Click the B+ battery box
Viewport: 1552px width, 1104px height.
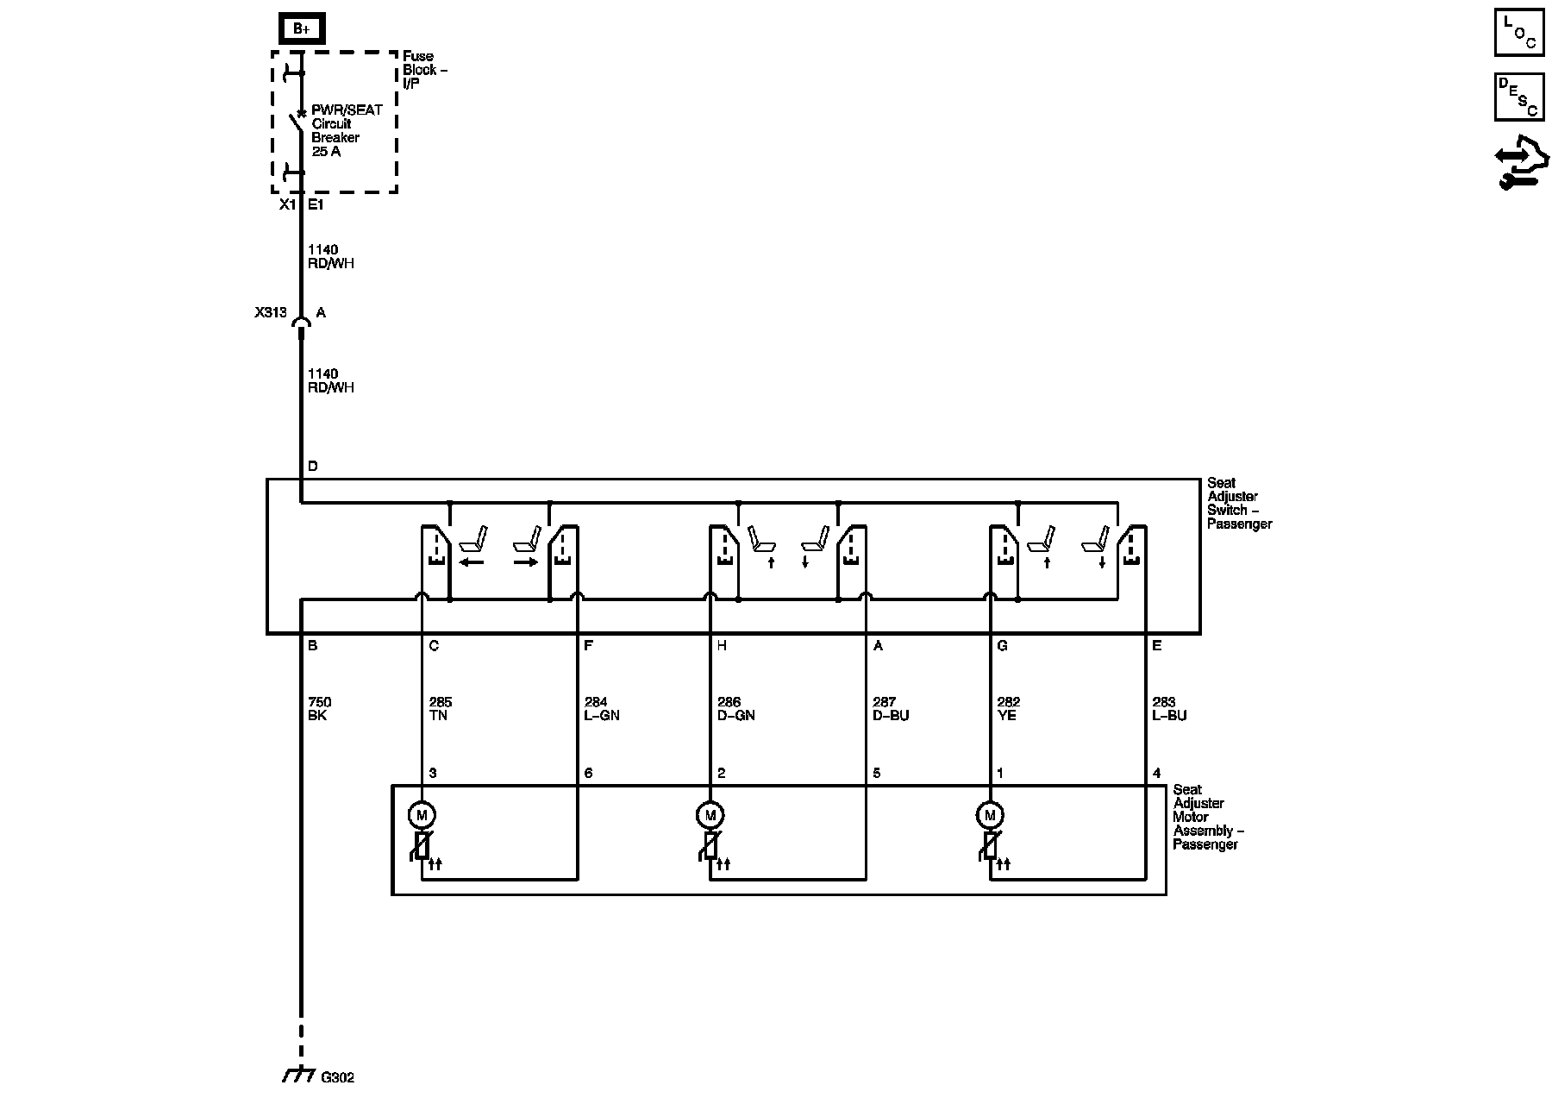coord(301,29)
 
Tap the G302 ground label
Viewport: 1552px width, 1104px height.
coord(337,1077)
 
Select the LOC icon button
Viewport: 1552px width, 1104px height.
coord(1518,34)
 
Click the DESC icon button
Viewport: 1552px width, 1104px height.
coord(1518,96)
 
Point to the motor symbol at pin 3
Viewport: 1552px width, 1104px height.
coord(422,814)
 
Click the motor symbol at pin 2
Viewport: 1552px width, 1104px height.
coord(710,814)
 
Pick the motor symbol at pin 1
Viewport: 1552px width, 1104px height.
coord(990,814)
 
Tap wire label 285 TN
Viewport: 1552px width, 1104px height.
coord(440,709)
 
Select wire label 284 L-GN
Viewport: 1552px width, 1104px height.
coord(602,709)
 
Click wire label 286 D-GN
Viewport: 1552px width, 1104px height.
coord(735,709)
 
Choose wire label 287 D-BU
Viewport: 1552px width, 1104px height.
coord(891,709)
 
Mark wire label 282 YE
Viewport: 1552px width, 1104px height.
coord(1008,709)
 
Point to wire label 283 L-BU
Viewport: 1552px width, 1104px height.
coord(1169,709)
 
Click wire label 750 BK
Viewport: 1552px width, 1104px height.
coord(319,709)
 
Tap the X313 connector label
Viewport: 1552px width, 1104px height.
coord(270,313)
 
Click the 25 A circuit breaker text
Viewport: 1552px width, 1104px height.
coord(326,152)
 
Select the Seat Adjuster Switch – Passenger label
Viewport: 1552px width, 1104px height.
coord(1238,504)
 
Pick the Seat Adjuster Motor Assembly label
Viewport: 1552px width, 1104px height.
coord(1207,817)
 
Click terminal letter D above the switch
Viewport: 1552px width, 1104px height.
coord(312,467)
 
